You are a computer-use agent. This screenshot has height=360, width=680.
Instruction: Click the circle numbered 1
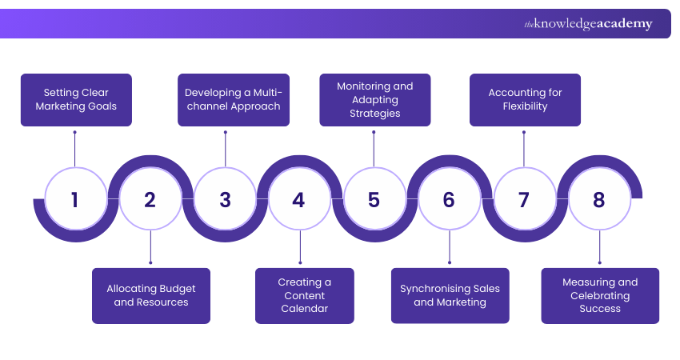pos(75,198)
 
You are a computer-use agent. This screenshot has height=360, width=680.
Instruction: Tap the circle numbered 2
pos(150,198)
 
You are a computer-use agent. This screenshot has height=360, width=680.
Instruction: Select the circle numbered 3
pos(225,198)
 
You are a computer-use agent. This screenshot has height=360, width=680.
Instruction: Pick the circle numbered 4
pos(299,198)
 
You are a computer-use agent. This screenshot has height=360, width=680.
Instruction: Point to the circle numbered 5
pos(374,198)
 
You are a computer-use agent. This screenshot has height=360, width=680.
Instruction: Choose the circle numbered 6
pos(449,198)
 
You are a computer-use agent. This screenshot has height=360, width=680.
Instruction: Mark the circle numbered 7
pos(524,198)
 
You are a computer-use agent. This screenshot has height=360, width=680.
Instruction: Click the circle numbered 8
pos(599,198)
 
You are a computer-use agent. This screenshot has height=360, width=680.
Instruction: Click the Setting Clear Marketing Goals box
pos(76,100)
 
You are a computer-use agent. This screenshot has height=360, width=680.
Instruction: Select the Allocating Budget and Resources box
pos(151,295)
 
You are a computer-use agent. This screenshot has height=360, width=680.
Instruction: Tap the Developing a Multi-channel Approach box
pos(233,100)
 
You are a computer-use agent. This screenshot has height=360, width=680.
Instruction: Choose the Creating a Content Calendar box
pos(305,295)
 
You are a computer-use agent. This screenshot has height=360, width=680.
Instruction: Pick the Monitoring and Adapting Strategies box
pos(375,100)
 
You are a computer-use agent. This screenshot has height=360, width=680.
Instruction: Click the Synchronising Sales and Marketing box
pos(450,295)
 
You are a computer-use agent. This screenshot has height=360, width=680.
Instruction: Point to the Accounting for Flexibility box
pos(525,100)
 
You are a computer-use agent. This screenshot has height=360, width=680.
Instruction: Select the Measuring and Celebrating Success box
pos(600,295)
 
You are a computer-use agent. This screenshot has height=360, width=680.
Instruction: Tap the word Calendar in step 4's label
pos(305,308)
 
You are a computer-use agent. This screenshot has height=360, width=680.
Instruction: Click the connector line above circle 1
pos(75,149)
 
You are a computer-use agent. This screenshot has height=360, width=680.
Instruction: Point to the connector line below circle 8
pos(599,246)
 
